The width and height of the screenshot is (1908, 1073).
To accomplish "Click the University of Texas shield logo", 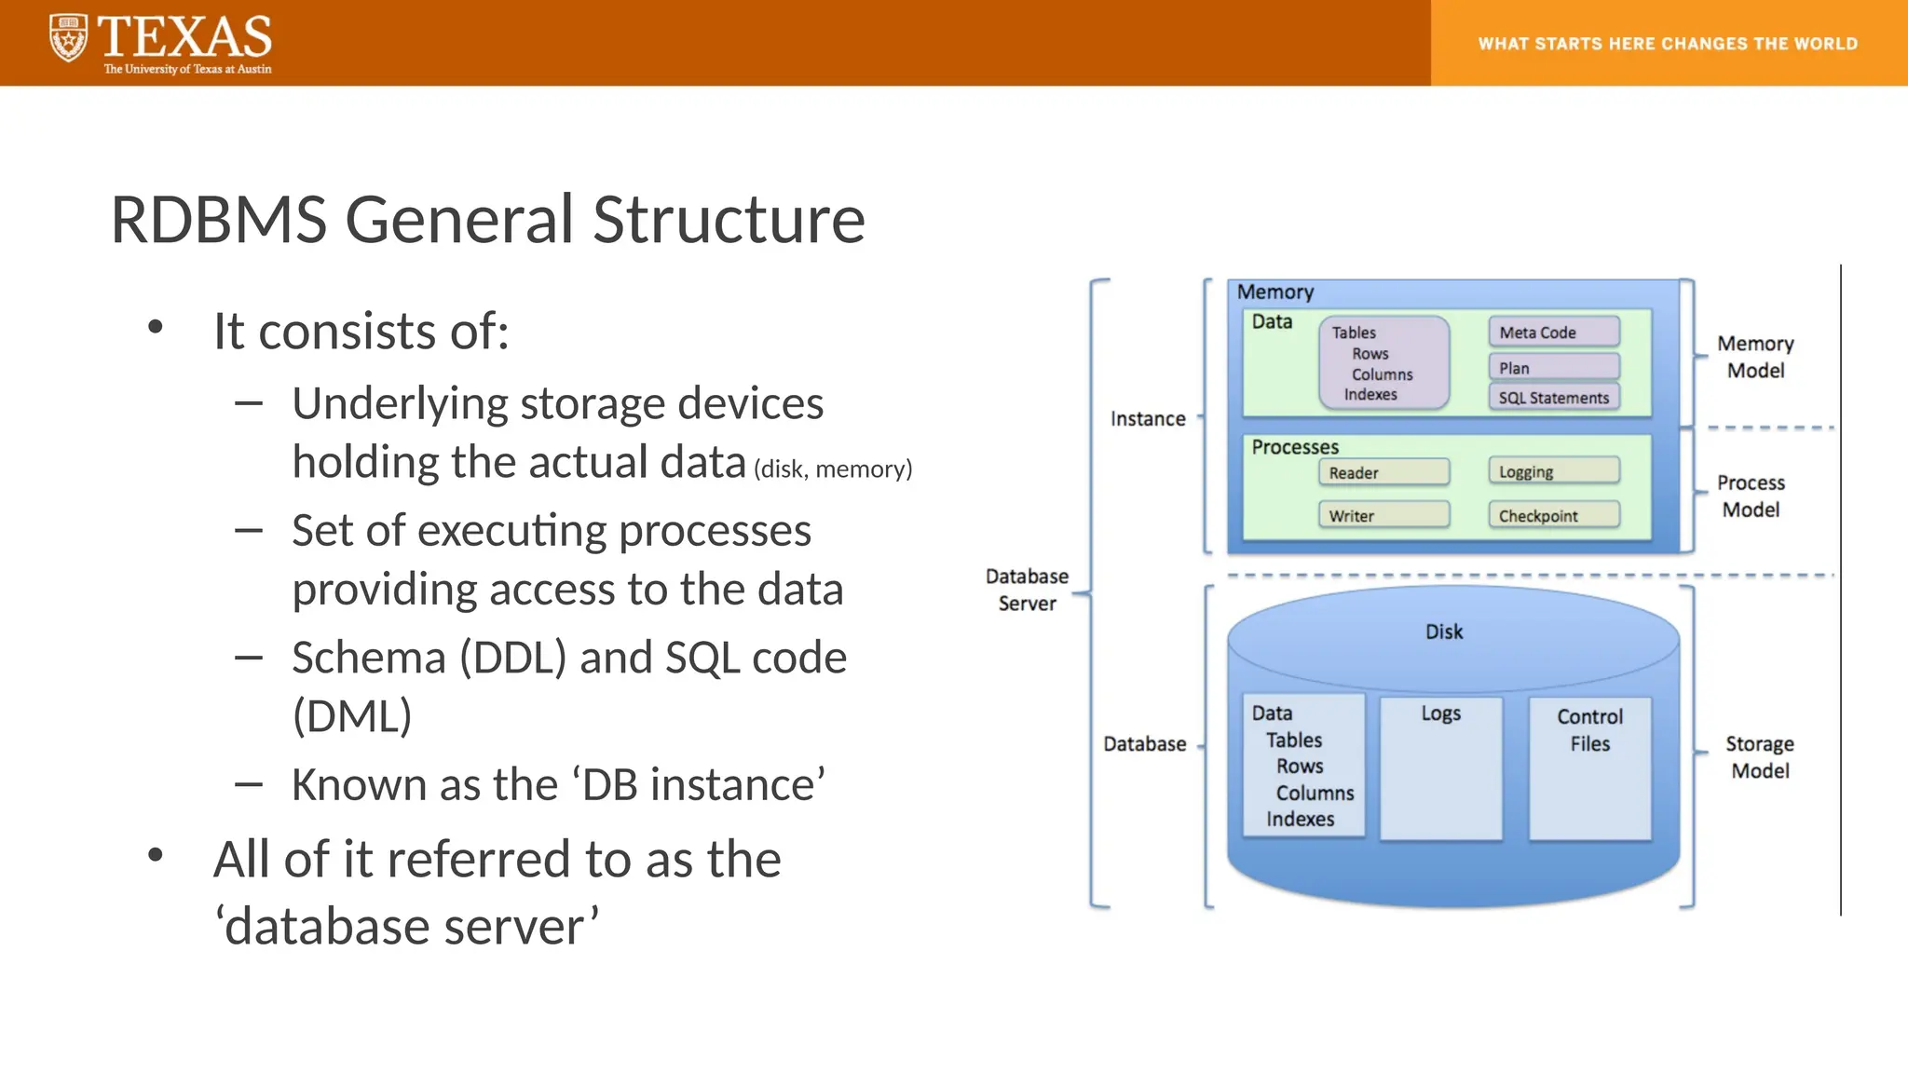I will pyautogui.click(x=68, y=39).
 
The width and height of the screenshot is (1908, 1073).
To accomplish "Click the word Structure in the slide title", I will pyautogui.click(x=729, y=221).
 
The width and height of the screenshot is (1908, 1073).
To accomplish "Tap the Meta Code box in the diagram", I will pyautogui.click(x=1553, y=333).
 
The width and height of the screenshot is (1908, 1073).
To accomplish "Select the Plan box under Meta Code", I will pyautogui.click(x=1553, y=367).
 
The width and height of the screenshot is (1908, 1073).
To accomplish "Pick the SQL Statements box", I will pyautogui.click(x=1553, y=398).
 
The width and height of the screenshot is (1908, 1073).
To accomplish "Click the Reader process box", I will pyautogui.click(x=1383, y=472).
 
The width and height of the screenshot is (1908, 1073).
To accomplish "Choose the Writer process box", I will pyautogui.click(x=1383, y=515).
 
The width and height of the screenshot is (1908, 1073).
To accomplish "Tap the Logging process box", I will pyautogui.click(x=1553, y=471).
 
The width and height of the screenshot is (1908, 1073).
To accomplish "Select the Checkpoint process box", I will pyautogui.click(x=1553, y=515).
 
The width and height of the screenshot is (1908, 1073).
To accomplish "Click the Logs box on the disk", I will pyautogui.click(x=1440, y=767).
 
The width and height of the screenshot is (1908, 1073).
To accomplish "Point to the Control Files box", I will pyautogui.click(x=1589, y=767).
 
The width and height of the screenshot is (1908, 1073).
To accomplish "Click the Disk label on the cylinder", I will pyautogui.click(x=1444, y=632).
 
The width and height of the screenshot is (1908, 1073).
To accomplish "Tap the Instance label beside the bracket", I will pyautogui.click(x=1148, y=419).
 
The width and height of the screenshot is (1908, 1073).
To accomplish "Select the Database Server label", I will pyautogui.click(x=1027, y=590).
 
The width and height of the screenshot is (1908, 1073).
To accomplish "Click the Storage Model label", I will pyautogui.click(x=1759, y=757).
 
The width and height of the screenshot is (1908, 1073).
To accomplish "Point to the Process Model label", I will pyautogui.click(x=1751, y=496).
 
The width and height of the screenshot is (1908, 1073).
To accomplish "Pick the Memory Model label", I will pyautogui.click(x=1755, y=357).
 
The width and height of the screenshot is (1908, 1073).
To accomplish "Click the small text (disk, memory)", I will pyautogui.click(x=833, y=469).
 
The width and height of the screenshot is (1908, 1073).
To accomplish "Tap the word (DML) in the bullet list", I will pyautogui.click(x=352, y=716).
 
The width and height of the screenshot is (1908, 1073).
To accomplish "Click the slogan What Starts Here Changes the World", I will pyautogui.click(x=1668, y=44).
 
